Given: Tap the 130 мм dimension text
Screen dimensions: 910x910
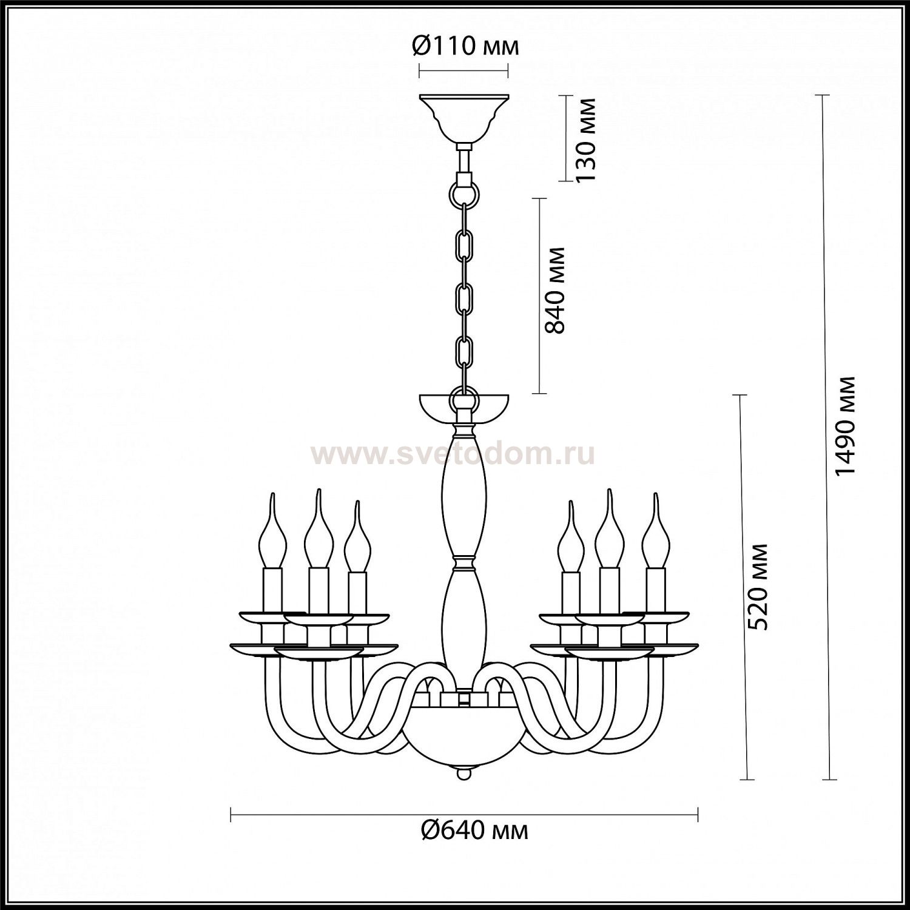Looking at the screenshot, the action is (586, 139).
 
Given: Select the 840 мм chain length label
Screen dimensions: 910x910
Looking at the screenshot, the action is (554, 291).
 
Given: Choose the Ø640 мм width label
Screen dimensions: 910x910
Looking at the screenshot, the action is (475, 830).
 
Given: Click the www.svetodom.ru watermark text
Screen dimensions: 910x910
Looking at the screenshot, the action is (453, 454).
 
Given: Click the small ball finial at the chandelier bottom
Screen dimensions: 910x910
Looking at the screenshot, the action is (464, 775).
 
